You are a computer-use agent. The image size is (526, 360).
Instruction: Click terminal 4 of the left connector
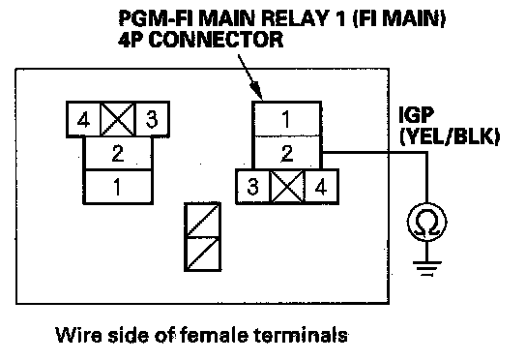(x=83, y=119)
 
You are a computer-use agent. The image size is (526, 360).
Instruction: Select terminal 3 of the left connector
(x=152, y=119)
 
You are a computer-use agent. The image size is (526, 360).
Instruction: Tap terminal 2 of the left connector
(x=118, y=153)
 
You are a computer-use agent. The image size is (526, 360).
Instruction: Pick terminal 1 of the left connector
(x=118, y=187)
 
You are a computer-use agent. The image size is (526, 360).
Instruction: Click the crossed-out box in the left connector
(x=118, y=119)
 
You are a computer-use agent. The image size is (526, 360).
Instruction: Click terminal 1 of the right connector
(x=287, y=118)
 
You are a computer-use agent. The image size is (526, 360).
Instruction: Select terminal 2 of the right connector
(x=287, y=153)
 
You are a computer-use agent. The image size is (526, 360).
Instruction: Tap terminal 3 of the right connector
(x=253, y=187)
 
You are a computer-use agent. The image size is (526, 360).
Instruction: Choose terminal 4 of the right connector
(x=321, y=187)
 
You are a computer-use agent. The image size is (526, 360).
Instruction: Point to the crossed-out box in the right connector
(x=287, y=187)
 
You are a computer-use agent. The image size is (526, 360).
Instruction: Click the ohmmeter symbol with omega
(x=427, y=222)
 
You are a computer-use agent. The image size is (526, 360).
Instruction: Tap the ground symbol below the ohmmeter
(x=427, y=268)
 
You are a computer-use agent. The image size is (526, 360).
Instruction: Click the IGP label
(x=417, y=115)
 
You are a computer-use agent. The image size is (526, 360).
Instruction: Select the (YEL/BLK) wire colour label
(x=450, y=136)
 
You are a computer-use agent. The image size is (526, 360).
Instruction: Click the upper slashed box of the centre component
(x=203, y=220)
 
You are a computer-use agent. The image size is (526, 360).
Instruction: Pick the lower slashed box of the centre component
(x=203, y=255)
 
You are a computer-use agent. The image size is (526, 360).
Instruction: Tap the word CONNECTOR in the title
(x=216, y=40)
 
